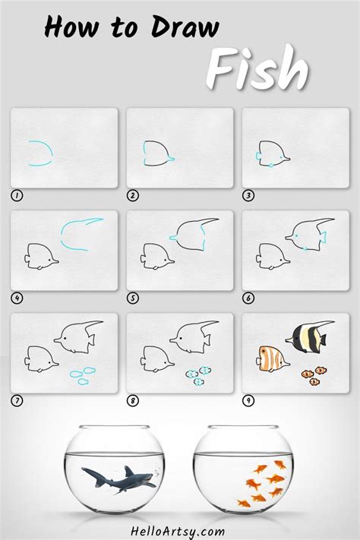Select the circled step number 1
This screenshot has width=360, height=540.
17,195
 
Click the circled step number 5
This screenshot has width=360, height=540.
133,298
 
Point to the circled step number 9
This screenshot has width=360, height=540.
249,400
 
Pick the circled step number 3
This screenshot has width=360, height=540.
249,195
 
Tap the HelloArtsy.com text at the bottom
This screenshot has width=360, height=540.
179,531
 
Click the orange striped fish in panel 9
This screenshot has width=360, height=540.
271,357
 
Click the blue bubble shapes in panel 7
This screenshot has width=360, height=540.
82,374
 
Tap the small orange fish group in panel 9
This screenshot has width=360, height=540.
313,374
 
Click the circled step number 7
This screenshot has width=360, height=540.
17,400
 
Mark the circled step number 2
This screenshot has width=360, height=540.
133,195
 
